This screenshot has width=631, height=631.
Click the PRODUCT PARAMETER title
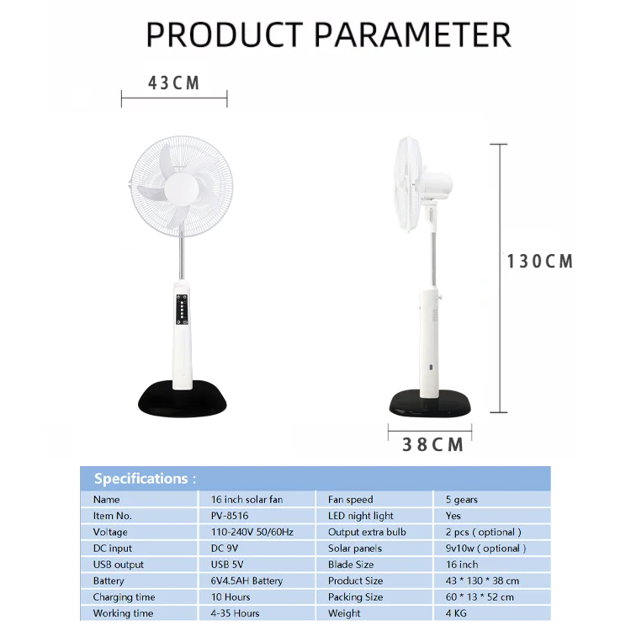(x=328, y=34)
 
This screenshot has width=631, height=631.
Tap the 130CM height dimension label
(x=540, y=262)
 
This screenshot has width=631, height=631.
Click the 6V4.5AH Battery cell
(x=247, y=581)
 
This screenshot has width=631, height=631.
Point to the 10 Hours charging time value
(x=231, y=597)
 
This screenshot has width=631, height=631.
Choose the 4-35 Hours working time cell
(x=235, y=613)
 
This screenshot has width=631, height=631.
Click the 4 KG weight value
(x=457, y=613)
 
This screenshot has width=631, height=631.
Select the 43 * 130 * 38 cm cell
(x=482, y=581)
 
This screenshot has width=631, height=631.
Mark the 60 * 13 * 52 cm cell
(x=480, y=597)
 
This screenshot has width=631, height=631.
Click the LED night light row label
(x=361, y=516)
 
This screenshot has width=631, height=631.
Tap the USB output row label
(x=119, y=565)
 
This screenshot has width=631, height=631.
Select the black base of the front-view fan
(x=183, y=400)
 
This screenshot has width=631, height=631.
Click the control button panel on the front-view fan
(x=181, y=309)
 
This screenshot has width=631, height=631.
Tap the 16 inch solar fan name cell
(x=247, y=500)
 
